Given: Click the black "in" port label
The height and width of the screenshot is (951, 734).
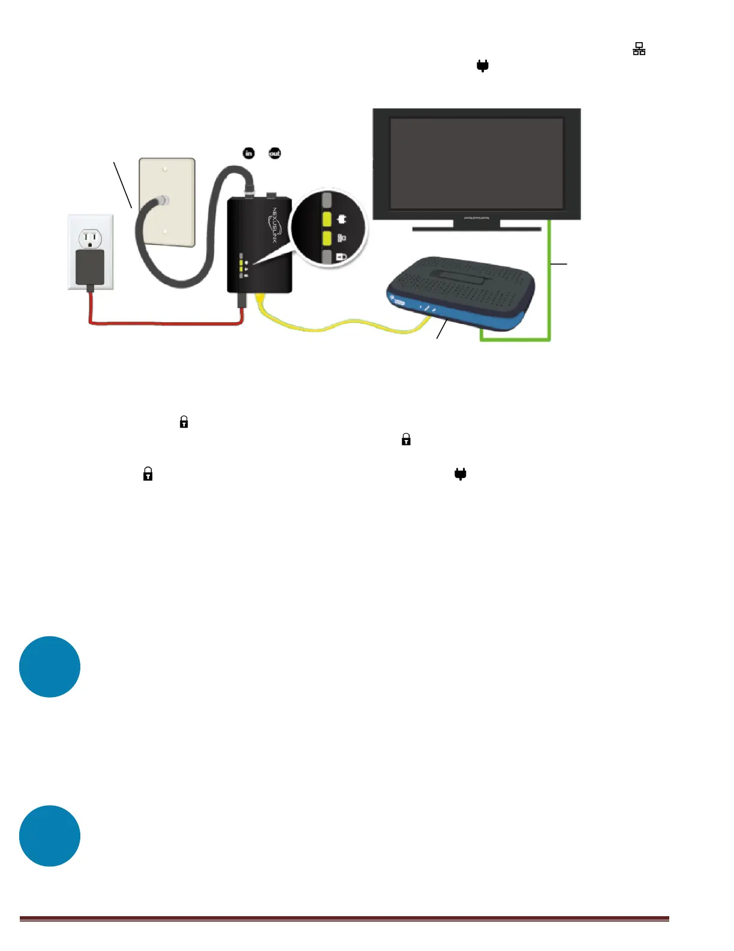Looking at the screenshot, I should (x=248, y=153).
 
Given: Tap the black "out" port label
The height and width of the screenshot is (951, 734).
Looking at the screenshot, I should (x=275, y=153).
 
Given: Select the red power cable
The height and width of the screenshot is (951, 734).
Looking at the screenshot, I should (x=162, y=324).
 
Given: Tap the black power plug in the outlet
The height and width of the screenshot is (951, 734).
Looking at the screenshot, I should (x=90, y=267).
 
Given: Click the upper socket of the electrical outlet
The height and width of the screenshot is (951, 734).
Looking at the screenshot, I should (x=91, y=240).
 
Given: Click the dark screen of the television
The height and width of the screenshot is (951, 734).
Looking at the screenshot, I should (x=476, y=163).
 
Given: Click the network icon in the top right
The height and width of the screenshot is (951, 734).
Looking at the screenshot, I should (x=639, y=49).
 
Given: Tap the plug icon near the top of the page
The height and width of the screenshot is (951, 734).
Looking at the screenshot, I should (x=483, y=66).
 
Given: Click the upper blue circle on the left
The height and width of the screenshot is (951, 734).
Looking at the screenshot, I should (x=50, y=666).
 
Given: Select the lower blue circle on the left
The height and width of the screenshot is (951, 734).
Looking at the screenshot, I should (x=50, y=836).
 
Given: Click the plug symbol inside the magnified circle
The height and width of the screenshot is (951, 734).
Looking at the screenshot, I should (x=342, y=219).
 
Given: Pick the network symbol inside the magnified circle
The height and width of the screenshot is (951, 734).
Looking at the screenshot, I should (x=342, y=238).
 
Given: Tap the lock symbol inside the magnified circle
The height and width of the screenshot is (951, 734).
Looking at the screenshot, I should (x=341, y=257).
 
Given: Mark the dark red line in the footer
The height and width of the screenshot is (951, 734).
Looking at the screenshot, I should (x=344, y=919).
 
